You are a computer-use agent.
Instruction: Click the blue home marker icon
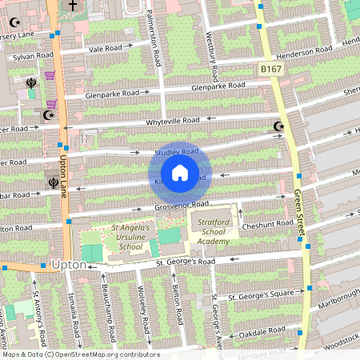(180, 173)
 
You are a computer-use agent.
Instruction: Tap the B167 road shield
(270, 70)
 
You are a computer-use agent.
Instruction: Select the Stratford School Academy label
(214, 232)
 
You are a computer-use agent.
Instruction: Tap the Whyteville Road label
(172, 121)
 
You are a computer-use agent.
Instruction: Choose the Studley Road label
(176, 151)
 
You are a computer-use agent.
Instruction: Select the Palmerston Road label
(157, 38)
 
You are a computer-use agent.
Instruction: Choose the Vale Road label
(106, 48)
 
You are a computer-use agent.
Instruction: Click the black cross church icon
(73, 6)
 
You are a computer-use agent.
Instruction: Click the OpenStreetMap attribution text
(80, 354)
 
